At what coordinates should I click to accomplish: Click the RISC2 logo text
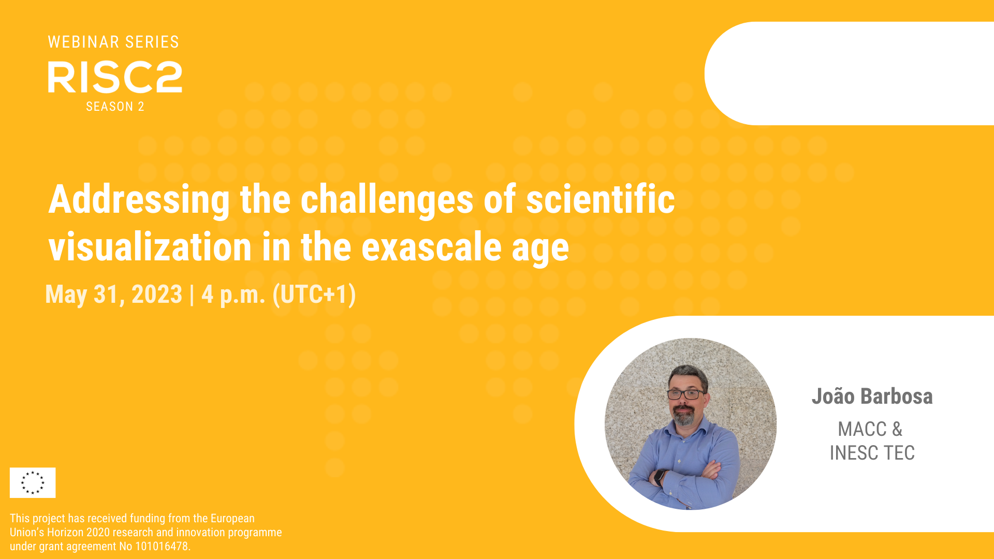[115, 77]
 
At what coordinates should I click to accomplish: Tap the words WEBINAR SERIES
[113, 42]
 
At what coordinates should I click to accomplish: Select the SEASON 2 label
[115, 107]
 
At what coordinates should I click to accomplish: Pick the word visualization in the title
[150, 247]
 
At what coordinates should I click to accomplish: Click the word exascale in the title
[431, 247]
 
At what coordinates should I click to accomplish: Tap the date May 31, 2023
[114, 295]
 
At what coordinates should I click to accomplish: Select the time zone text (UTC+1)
[314, 295]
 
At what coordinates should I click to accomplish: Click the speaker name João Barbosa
[872, 396]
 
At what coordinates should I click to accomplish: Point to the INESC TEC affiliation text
[872, 453]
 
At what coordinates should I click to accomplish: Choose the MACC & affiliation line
[870, 429]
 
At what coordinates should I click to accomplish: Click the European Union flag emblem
[33, 482]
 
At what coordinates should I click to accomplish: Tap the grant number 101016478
[162, 547]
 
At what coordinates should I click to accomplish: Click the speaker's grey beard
[684, 415]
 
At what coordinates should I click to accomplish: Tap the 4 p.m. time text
[233, 295]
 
